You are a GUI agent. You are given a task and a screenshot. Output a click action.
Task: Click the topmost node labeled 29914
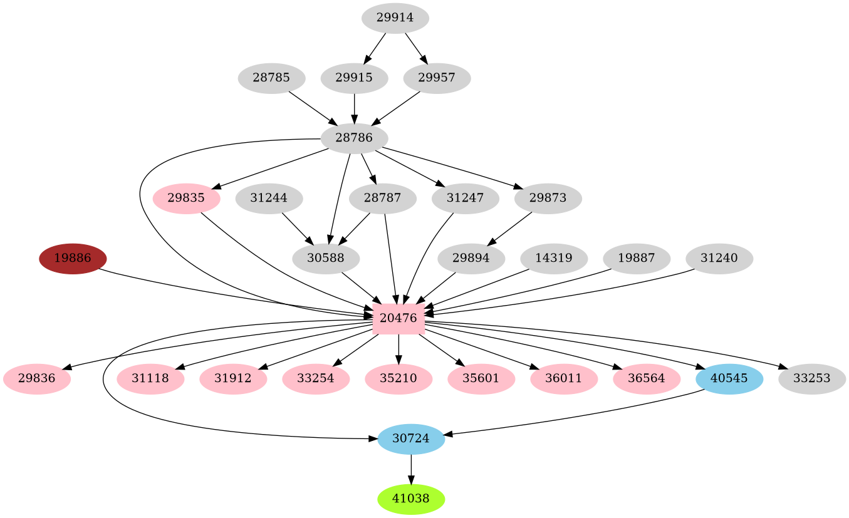[395, 18]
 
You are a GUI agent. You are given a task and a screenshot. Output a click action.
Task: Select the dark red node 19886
[73, 258]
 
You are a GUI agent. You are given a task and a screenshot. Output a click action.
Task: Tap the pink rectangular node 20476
[398, 318]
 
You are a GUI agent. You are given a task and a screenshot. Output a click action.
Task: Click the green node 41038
[411, 499]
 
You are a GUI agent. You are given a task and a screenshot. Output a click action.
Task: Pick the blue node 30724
[411, 438]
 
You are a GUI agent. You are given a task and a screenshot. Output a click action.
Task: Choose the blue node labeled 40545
[729, 378]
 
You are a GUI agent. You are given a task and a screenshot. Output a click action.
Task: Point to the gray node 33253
[811, 378]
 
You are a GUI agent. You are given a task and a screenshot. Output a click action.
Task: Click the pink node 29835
[186, 198]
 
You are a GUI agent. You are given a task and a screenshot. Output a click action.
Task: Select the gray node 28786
[354, 138]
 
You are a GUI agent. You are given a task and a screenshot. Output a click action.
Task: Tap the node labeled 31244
[269, 198]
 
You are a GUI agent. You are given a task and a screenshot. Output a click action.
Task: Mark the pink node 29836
[36, 378]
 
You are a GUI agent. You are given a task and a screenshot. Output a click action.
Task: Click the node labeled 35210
[398, 378]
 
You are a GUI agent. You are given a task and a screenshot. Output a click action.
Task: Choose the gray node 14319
[554, 258]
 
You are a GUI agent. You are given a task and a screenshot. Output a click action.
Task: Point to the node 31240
[719, 258]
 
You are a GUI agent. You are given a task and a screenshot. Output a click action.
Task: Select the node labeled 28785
[271, 78]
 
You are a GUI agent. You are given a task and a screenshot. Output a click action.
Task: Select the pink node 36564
[647, 378]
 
